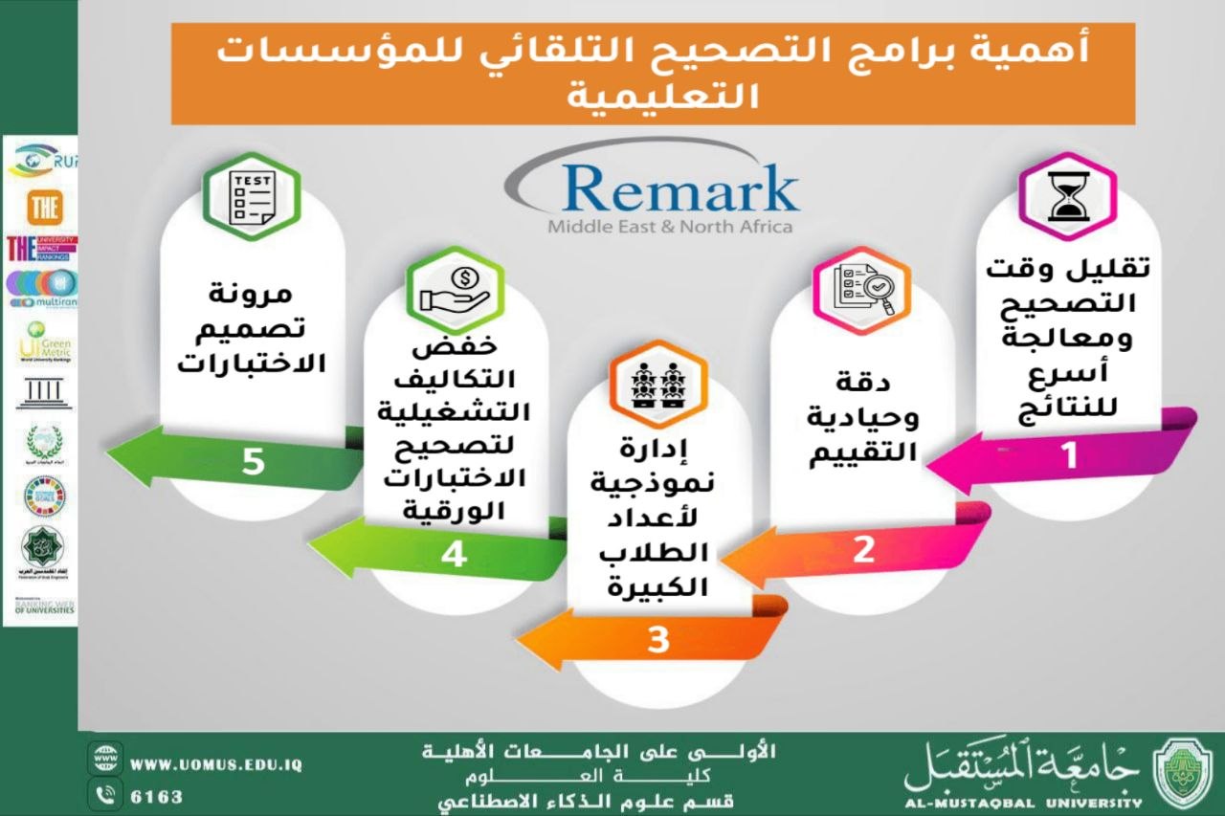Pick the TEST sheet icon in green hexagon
pos(252,197)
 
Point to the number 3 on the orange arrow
pos(657,640)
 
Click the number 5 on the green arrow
pos(253,462)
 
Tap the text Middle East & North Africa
pos(670,228)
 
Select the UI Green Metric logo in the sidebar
pos(42,346)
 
